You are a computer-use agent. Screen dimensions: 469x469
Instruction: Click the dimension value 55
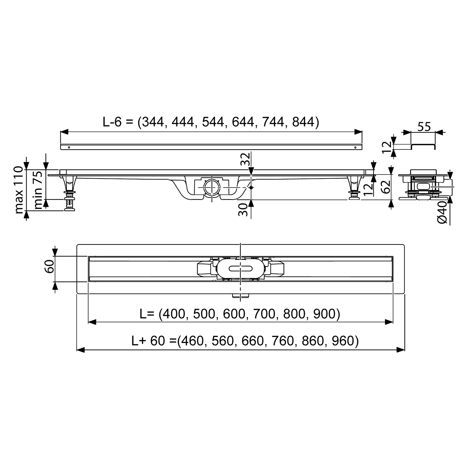pyautogui.click(x=424, y=127)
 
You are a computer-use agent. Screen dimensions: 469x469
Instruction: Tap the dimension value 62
pyautogui.click(x=386, y=187)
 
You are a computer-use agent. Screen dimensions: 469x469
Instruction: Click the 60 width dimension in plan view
pyautogui.click(x=50, y=266)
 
